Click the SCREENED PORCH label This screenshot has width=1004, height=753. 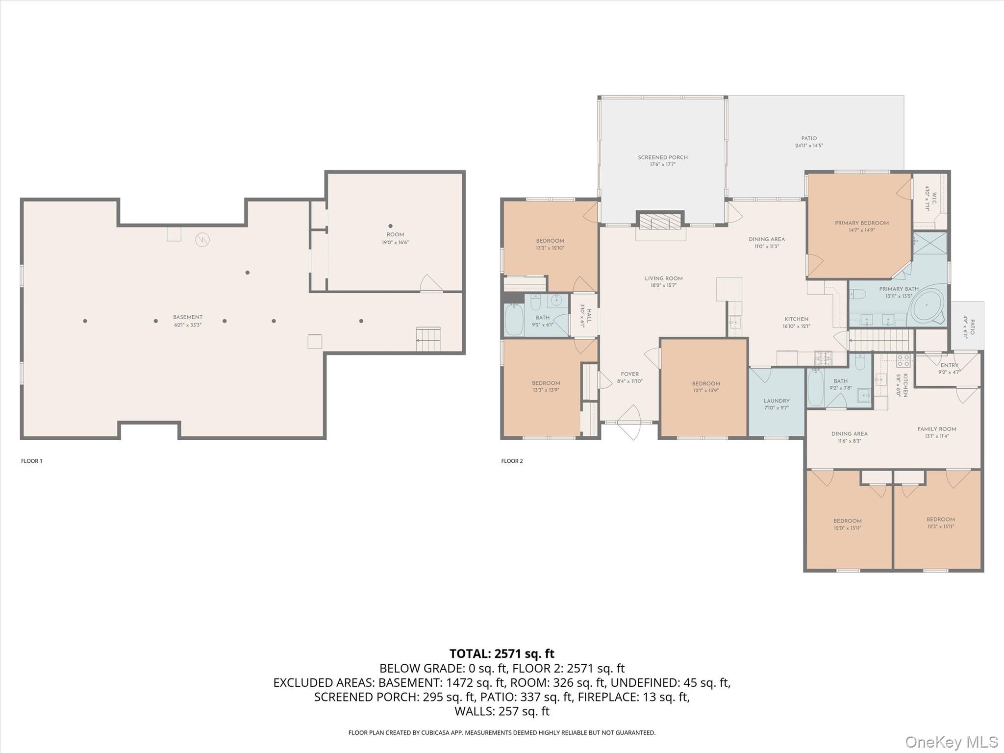(x=662, y=157)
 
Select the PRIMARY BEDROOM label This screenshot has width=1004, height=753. (x=861, y=223)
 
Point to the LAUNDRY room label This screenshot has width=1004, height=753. (x=776, y=401)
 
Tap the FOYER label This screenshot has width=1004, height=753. (x=629, y=374)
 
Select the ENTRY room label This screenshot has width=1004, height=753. (x=949, y=365)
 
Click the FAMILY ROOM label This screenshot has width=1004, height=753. (x=936, y=429)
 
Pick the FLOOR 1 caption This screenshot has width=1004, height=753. (x=31, y=461)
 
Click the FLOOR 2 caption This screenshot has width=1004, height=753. (x=512, y=461)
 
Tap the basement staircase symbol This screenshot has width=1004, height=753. (x=428, y=339)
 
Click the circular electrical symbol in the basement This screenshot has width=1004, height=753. (x=202, y=239)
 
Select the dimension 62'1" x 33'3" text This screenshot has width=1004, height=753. (x=188, y=325)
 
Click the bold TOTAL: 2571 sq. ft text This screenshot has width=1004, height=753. (x=502, y=653)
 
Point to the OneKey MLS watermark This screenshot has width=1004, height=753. (x=951, y=742)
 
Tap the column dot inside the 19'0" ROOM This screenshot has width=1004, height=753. (x=390, y=226)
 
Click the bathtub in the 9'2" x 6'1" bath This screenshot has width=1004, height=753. (x=514, y=320)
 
